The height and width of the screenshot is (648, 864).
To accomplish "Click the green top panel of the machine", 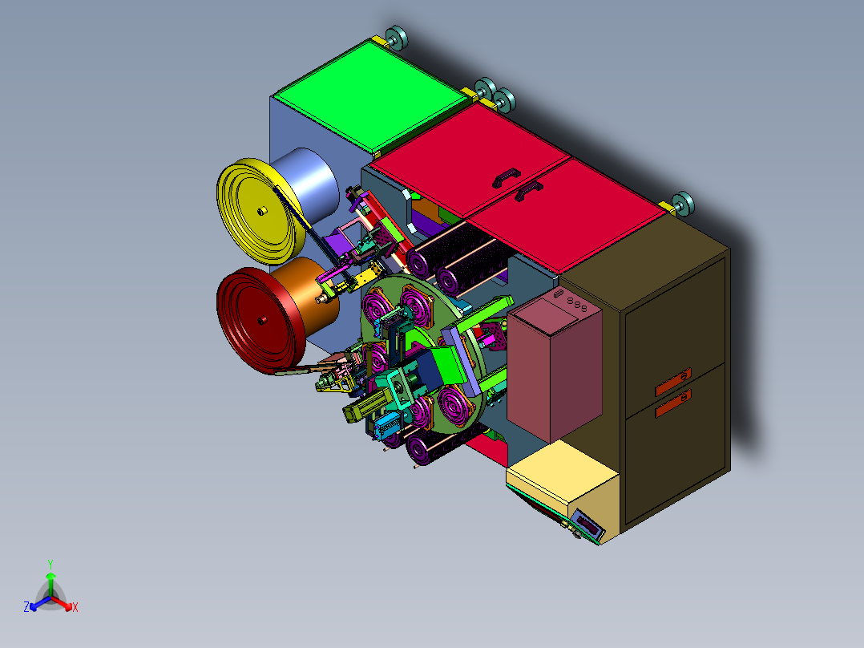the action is [370, 97].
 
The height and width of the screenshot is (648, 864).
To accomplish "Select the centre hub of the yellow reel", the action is [262, 210].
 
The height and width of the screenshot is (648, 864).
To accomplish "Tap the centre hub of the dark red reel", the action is [262, 319].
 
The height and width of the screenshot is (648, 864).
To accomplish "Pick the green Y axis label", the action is [50, 565].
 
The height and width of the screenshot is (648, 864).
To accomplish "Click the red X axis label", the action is [75, 607].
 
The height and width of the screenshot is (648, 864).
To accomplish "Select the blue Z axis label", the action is [26, 607].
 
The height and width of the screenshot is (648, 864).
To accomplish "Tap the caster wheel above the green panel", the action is [396, 38].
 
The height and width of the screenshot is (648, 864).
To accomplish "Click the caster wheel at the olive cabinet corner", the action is [683, 204].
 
